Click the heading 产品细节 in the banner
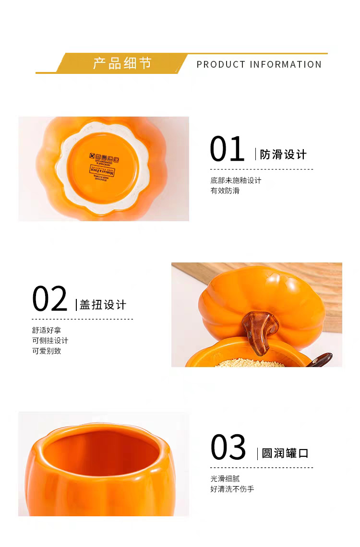tap(122, 63)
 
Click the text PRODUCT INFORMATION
tap(259, 64)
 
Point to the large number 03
tap(228, 447)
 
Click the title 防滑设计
tap(283, 155)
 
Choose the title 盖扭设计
tap(103, 305)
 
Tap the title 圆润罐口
tap(285, 453)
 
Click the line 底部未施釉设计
tap(236, 180)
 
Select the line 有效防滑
tap(225, 190)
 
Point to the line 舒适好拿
tap(47, 330)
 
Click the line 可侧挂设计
tap(50, 340)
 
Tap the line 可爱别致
tap(47, 351)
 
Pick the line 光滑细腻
tap(225, 478)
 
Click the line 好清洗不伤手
tap(232, 489)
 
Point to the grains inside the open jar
tap(245, 363)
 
